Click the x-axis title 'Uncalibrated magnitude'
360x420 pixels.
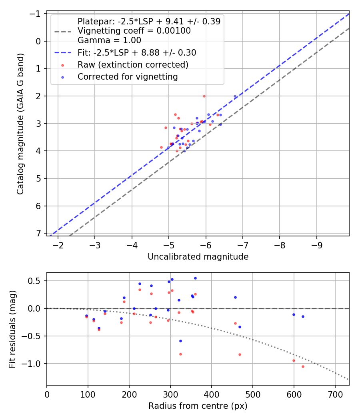198,257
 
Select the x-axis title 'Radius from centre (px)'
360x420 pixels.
198,406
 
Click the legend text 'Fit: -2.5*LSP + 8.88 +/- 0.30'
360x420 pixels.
137,52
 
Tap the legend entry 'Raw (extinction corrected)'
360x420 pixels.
133,64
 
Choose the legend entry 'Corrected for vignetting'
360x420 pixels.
128,76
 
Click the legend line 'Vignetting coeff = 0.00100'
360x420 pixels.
134,31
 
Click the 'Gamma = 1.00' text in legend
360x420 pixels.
109,40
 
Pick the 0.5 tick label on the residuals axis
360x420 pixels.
36,281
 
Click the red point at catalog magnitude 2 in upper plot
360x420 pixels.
204,96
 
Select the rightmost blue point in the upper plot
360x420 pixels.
235,96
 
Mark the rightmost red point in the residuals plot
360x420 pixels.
303,366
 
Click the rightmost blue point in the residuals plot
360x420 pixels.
303,316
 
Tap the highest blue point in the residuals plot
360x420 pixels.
195,278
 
